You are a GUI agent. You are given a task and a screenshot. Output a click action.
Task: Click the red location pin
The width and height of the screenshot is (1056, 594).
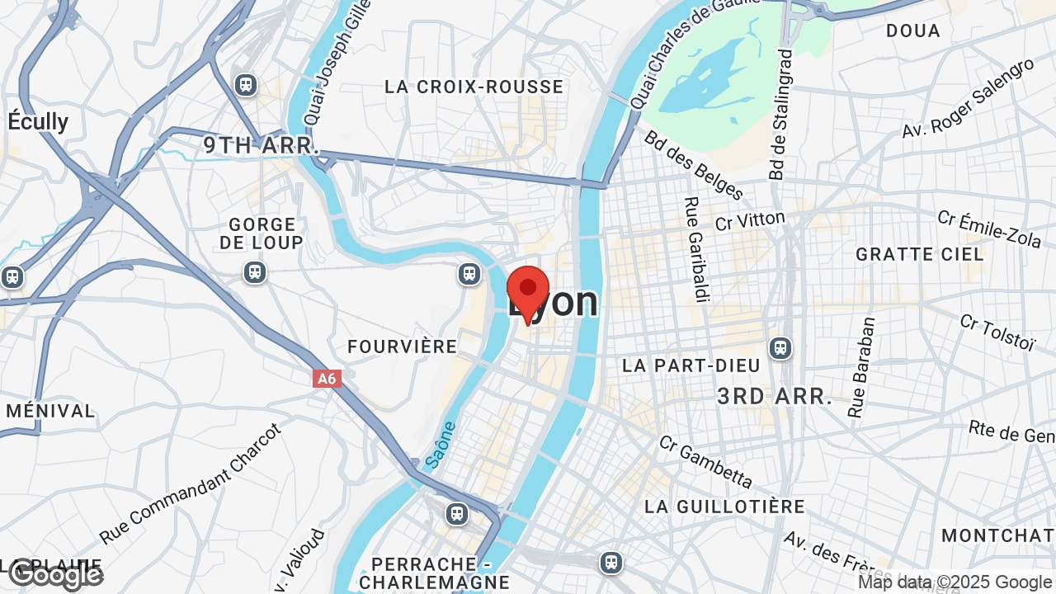click(528, 291)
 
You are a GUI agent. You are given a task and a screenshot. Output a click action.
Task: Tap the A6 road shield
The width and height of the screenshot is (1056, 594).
click(328, 379)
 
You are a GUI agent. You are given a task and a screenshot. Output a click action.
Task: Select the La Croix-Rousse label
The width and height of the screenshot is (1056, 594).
click(474, 87)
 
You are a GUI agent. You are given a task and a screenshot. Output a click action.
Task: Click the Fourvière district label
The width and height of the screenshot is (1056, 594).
click(403, 346)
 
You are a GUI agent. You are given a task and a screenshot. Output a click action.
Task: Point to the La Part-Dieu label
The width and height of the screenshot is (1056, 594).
click(679, 365)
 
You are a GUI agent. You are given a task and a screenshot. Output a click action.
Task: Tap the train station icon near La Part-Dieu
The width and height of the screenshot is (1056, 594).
click(780, 348)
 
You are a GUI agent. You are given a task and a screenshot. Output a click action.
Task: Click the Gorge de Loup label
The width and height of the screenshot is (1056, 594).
click(262, 233)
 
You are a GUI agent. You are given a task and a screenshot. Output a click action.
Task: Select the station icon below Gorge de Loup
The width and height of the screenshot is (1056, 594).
click(254, 271)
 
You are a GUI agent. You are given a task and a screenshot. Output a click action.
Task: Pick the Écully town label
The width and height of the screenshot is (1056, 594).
click(38, 121)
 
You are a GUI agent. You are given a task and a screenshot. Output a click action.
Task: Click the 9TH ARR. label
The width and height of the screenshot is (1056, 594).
click(262, 146)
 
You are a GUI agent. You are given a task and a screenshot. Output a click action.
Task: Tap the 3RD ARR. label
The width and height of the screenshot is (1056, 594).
click(775, 396)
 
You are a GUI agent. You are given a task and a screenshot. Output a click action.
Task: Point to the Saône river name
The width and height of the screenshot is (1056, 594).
click(441, 445)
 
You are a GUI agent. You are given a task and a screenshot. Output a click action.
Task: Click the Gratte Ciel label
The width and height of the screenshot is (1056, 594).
click(920, 254)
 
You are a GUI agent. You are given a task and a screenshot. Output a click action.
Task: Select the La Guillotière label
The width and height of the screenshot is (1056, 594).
click(724, 506)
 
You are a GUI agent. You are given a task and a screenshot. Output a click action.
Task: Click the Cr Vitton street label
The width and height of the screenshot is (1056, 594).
click(750, 220)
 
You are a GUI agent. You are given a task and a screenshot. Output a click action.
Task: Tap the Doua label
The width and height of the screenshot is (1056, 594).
click(913, 31)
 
